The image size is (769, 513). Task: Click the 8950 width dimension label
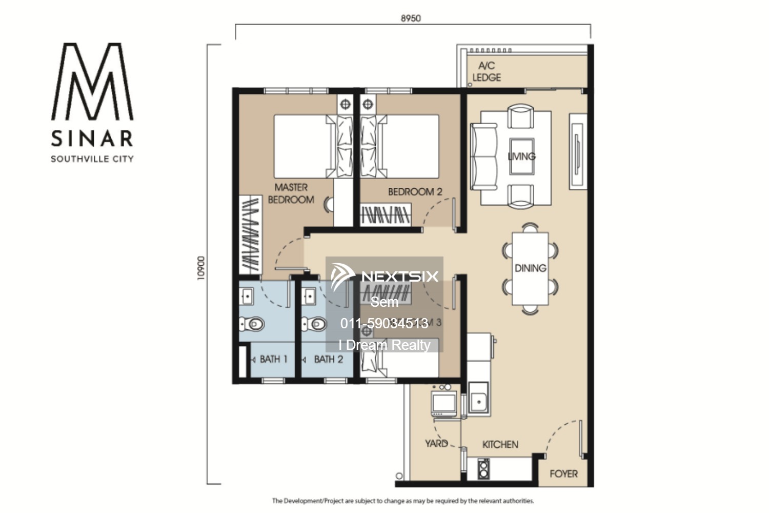[x=411, y=18]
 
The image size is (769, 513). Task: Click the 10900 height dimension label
[x=201, y=268]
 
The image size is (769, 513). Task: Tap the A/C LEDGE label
[x=487, y=72]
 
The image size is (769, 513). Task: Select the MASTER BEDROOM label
[x=291, y=193]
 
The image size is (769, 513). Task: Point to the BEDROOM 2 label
[x=415, y=192]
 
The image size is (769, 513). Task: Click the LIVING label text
[x=521, y=156]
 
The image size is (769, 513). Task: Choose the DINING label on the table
[x=530, y=268]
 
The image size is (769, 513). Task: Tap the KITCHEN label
[x=500, y=445]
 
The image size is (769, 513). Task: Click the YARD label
[x=436, y=443]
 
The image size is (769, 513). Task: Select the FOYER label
[x=563, y=474]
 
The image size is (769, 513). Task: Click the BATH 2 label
[x=328, y=359]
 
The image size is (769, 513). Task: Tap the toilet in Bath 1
[x=252, y=324]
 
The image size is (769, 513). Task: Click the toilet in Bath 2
[x=315, y=324]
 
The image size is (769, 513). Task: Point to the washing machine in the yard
[x=444, y=403]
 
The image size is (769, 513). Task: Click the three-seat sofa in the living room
[x=484, y=156]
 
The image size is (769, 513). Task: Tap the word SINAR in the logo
[x=92, y=139]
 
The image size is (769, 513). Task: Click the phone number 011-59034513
[x=384, y=323]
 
